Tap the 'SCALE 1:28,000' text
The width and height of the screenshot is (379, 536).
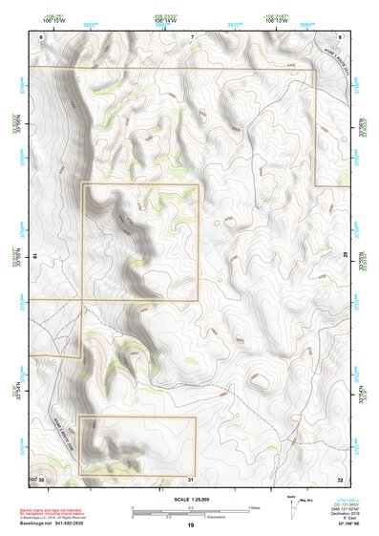point(192,498)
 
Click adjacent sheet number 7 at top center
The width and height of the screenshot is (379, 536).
point(192,35)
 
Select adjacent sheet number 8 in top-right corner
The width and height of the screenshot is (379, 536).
point(339,35)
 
